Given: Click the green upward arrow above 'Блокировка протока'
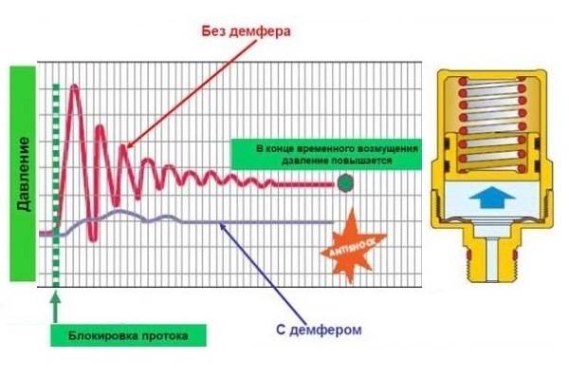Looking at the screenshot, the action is [x=55, y=302].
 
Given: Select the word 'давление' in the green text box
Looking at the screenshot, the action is [x=287, y=161].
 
